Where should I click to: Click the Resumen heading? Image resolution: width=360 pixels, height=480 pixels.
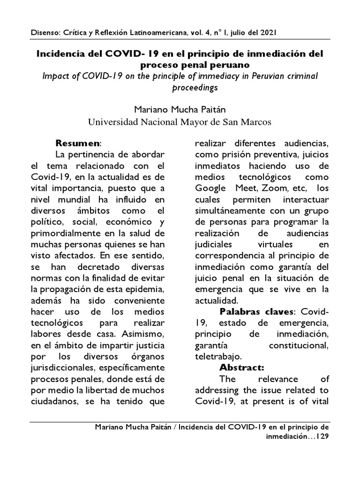pyautogui.click(x=78, y=142)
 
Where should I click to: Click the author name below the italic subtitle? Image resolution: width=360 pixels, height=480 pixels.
pyautogui.click(x=180, y=111)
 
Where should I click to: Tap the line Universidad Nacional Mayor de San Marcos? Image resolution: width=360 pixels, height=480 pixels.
pyautogui.click(x=180, y=122)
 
